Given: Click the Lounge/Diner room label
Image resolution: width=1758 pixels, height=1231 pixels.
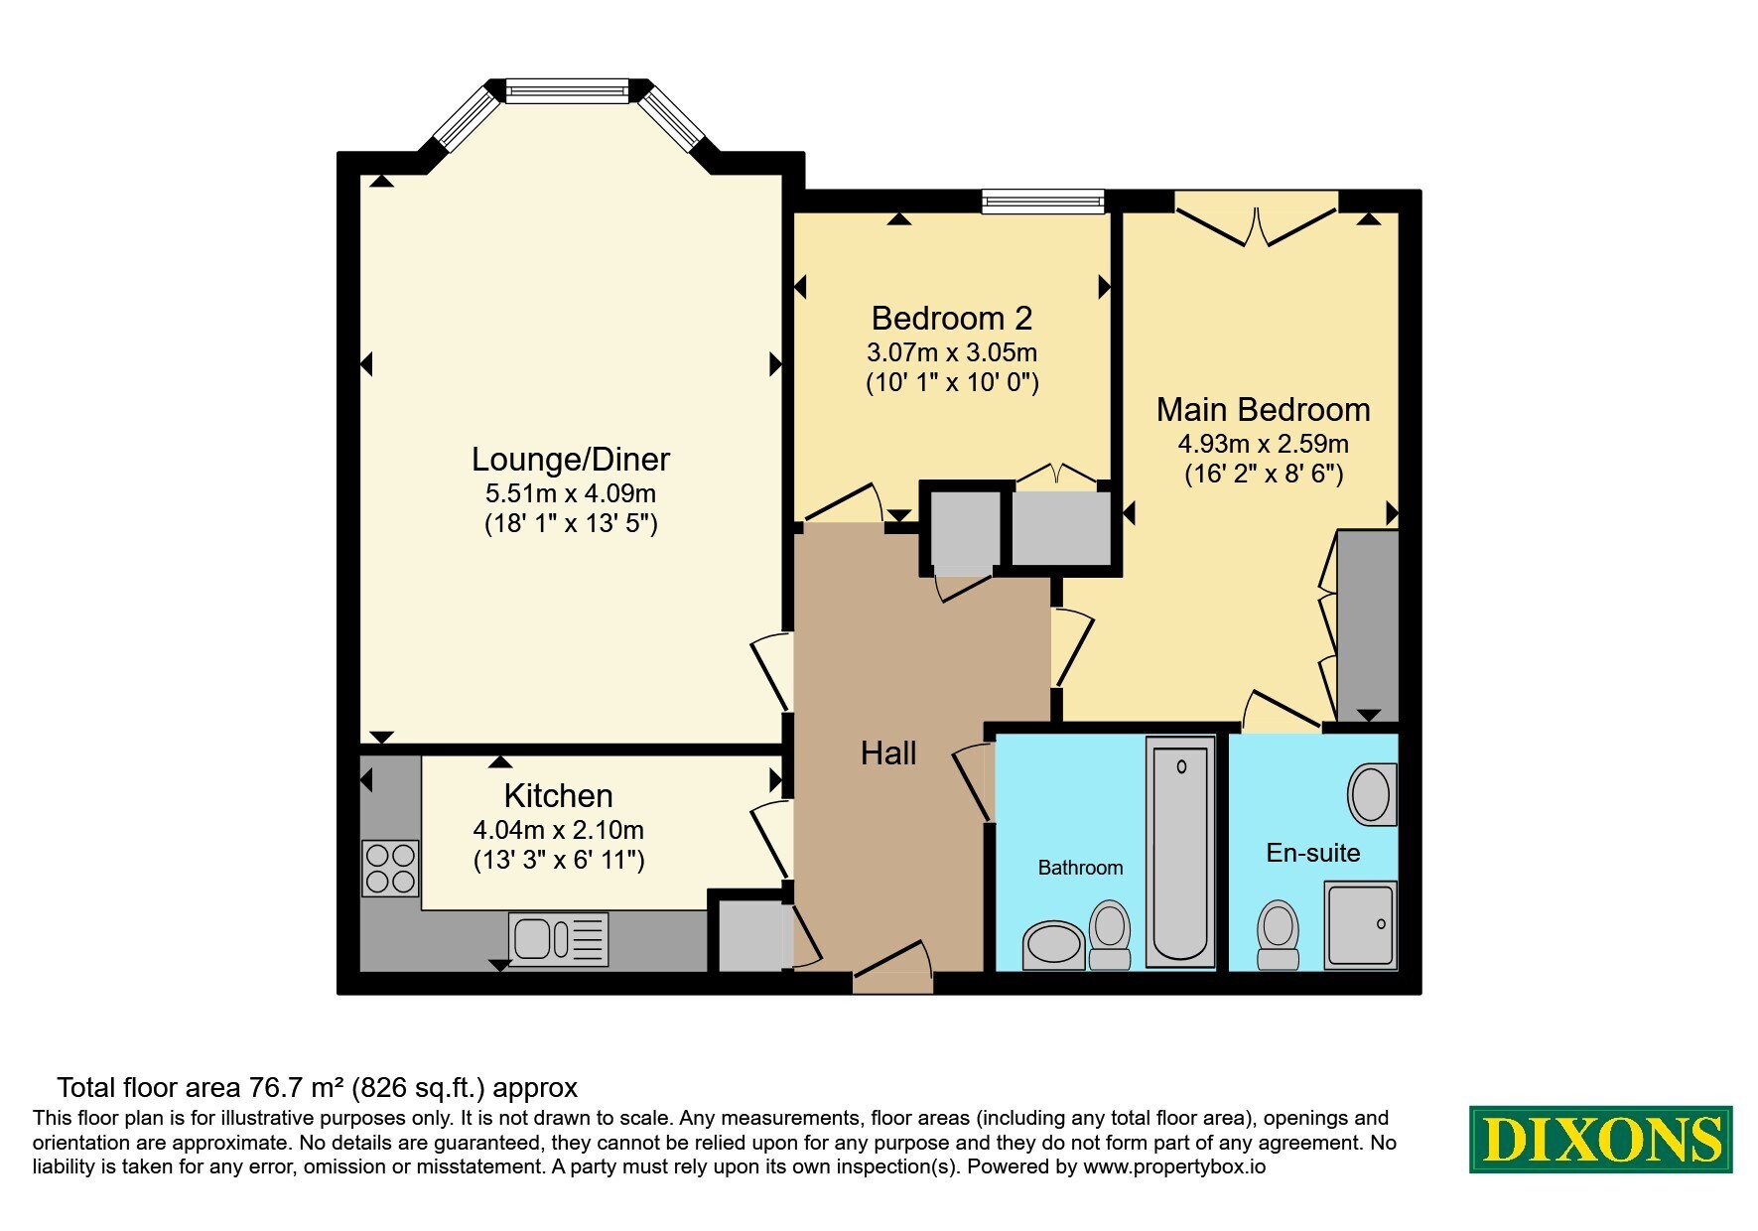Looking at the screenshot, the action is (x=571, y=459).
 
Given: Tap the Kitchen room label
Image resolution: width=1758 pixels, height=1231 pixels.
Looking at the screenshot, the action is (x=558, y=796).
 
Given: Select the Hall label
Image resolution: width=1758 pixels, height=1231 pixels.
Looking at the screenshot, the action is (x=888, y=753).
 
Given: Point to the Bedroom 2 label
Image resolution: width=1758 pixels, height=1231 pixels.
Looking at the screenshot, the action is (x=952, y=319).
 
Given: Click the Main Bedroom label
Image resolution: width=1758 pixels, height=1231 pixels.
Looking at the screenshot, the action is (x=1264, y=409).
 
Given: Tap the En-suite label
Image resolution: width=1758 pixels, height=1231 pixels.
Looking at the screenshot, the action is (x=1313, y=853).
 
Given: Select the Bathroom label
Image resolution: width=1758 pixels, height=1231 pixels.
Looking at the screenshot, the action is (x=1080, y=868).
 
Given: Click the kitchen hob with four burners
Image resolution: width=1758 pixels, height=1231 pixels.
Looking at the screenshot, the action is (x=390, y=868).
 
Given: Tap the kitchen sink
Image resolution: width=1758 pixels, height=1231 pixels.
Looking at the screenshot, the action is (x=558, y=938).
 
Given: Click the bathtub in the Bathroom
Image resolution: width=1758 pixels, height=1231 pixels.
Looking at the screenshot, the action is (x=1181, y=851).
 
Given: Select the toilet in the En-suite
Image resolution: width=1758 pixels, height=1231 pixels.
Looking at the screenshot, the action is (x=1278, y=935).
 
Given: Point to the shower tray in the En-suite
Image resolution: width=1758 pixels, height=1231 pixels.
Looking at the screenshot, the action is (x=1361, y=924).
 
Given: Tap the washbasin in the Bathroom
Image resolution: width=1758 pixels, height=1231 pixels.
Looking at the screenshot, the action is (x=1054, y=945).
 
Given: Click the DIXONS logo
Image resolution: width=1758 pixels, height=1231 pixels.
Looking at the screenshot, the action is (x=1601, y=1139).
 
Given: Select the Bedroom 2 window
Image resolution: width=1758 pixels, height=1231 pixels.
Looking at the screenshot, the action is (x=1042, y=202).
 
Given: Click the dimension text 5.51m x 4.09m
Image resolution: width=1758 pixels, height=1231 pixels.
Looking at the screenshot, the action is (x=571, y=493).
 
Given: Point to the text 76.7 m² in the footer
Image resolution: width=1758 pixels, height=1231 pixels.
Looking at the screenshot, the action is (x=295, y=1088).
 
